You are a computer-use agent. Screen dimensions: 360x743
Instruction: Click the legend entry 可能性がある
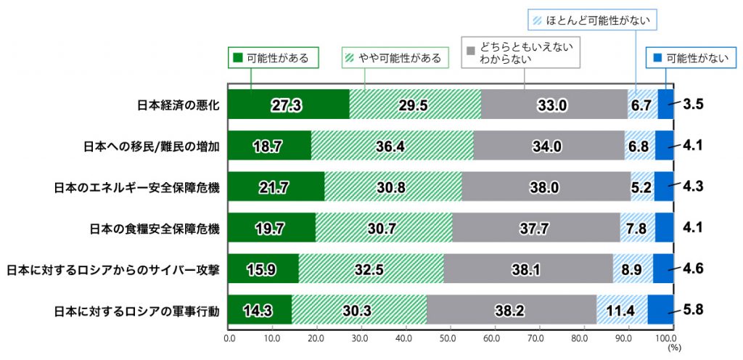tap(274, 58)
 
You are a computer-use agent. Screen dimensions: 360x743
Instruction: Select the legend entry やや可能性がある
tap(392, 58)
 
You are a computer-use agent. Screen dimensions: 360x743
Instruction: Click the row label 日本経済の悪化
tap(178, 105)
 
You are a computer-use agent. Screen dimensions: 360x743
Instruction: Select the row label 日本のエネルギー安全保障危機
tap(137, 187)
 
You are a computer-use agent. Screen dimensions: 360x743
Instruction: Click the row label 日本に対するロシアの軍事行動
tap(137, 311)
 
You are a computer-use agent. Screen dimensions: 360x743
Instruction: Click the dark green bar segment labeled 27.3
tap(288, 105)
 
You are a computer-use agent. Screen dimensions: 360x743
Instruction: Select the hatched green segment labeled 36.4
tap(392, 146)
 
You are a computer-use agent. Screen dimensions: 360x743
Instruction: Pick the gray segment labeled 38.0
tap(543, 187)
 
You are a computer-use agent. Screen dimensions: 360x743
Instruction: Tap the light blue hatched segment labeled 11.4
tap(622, 311)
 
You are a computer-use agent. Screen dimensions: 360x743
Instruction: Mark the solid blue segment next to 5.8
tap(660, 311)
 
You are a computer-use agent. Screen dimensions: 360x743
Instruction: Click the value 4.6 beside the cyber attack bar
tap(694, 269)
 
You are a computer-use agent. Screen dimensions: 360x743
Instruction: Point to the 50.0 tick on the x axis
tap(448, 337)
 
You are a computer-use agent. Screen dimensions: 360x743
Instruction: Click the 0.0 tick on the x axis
tap(229, 337)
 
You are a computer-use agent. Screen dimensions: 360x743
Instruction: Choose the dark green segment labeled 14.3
tap(260, 311)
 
